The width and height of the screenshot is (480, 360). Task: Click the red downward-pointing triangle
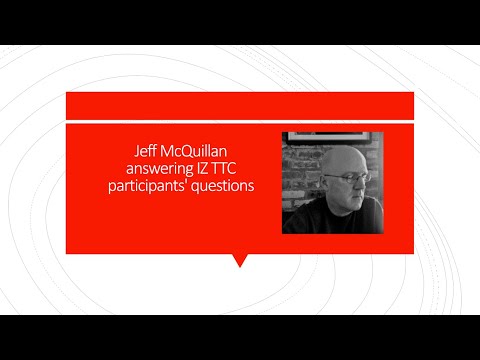(239, 260)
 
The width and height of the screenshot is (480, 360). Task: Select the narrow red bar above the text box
(239, 105)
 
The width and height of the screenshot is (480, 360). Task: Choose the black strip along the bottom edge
(240, 337)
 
